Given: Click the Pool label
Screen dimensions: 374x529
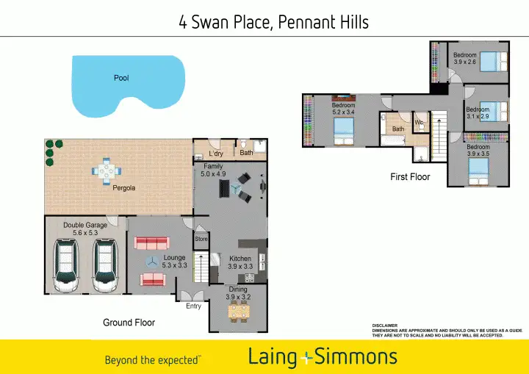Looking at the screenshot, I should coord(121,78).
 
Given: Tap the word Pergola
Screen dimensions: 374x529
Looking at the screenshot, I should coord(123,188).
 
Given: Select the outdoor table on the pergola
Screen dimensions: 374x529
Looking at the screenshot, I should coord(107,170).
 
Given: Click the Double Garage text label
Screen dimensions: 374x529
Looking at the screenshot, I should coord(85,229).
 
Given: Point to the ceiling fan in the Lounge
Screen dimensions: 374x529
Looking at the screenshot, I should coord(151,262).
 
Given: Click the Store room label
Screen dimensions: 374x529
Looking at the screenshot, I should coord(201,239).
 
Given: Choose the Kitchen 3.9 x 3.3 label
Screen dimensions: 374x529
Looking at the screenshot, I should coord(240,262).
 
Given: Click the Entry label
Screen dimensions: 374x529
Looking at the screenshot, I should coord(193,306).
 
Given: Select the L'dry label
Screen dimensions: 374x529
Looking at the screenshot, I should coord(215,154).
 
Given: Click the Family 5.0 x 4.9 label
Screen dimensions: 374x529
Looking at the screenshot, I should coord(213,170).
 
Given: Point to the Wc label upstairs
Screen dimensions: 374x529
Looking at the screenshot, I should coord(419,123).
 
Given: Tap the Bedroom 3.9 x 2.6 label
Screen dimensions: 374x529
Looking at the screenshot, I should coord(464,59).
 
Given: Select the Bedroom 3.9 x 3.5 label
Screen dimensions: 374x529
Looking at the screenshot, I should coord(478,150).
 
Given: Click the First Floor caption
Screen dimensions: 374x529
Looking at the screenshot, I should coord(410,177).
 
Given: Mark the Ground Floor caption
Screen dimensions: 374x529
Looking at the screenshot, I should coord(129,323).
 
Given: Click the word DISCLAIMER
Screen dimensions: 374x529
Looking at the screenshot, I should coord(385,326).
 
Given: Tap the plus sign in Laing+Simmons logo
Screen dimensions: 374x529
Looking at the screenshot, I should coord(308,358).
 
